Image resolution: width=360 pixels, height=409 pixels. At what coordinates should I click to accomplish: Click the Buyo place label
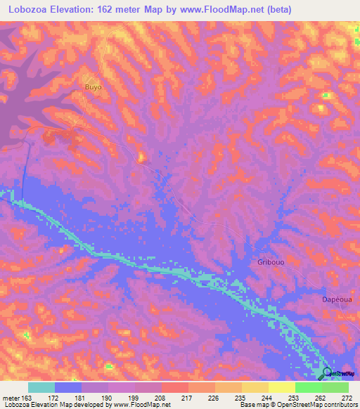[93, 87]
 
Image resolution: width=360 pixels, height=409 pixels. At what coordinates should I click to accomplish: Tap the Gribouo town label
[263, 262]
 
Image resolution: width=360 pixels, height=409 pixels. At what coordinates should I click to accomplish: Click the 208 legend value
[160, 398]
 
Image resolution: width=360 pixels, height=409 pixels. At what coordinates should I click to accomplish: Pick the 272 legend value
[347, 398]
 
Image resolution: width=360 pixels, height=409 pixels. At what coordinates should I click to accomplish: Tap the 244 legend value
[267, 398]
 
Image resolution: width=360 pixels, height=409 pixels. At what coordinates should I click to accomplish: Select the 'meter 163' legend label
[15, 398]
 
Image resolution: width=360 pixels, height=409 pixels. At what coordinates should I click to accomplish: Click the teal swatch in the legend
[41, 387]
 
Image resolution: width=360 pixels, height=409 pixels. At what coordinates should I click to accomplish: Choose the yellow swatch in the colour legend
[281, 387]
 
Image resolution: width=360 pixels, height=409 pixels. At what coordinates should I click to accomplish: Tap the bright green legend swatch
[308, 387]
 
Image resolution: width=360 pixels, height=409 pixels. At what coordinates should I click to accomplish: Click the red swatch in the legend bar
[174, 387]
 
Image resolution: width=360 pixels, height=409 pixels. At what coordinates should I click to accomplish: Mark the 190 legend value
[107, 398]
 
